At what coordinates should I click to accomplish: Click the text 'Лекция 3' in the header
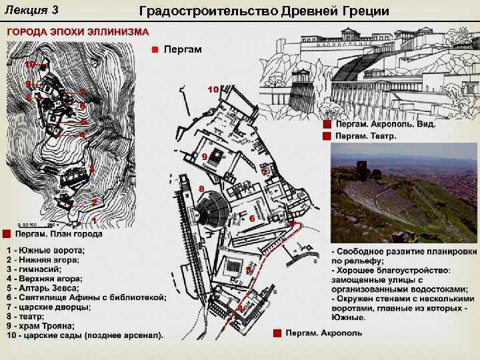coord(31,9)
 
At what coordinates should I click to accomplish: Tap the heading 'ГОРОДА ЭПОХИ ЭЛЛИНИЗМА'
coord(79,31)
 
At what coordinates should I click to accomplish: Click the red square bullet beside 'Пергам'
coord(153,49)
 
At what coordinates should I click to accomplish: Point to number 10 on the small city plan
coord(30,65)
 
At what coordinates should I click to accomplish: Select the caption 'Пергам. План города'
coord(59,234)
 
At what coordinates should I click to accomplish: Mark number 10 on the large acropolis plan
coord(213,89)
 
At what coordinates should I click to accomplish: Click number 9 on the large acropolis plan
coord(204,156)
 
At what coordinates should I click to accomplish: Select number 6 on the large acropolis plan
coord(252,218)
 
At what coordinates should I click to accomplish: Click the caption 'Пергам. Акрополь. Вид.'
coord(384,125)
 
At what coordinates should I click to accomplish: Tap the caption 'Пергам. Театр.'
coord(366,136)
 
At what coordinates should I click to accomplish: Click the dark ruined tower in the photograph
coord(363,168)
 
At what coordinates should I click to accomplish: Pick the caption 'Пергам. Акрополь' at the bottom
coord(324,333)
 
